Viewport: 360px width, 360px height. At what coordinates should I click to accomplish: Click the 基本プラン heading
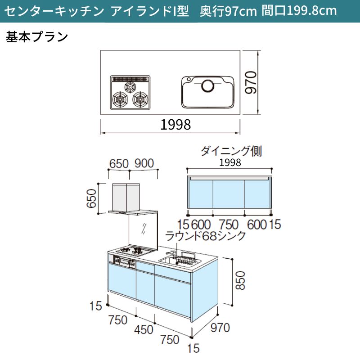pyautogui.click(x=37, y=37)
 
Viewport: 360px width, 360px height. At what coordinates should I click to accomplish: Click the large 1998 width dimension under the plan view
pyautogui.click(x=175, y=125)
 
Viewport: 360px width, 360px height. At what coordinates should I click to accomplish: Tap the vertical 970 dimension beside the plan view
pyautogui.click(x=251, y=82)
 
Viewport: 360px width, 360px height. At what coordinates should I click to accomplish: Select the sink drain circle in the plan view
pyautogui.click(x=208, y=85)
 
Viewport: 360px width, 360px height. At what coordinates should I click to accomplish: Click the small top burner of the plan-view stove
pyautogui.click(x=130, y=87)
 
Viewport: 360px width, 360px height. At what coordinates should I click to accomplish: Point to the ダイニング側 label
pyautogui.click(x=231, y=151)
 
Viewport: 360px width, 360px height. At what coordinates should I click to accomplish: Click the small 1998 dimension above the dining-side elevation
pyautogui.click(x=230, y=162)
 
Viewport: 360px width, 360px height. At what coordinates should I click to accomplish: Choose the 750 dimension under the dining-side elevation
pyautogui.click(x=229, y=225)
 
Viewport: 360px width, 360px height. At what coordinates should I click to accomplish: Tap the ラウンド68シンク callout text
pyautogui.click(x=205, y=236)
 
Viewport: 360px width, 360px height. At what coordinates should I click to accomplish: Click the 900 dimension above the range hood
pyautogui.click(x=144, y=163)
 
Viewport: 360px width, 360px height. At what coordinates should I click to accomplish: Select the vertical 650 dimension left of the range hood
pyautogui.click(x=91, y=198)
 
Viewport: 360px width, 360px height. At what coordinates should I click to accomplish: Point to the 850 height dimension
pyautogui.click(x=240, y=280)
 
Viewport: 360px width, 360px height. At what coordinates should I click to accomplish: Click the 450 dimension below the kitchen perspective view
pyautogui.click(x=144, y=330)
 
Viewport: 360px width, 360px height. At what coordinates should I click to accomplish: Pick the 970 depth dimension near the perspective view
pyautogui.click(x=220, y=328)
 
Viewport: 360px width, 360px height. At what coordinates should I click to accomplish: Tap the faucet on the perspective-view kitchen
pyautogui.click(x=171, y=254)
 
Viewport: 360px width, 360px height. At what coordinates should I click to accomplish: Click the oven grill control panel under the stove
pyautogui.click(x=125, y=262)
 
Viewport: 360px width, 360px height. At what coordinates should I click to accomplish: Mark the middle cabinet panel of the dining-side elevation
pyautogui.click(x=229, y=194)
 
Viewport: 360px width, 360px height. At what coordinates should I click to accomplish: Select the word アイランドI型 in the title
pyautogui.click(x=150, y=11)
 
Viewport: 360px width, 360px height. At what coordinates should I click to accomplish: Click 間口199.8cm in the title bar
pyautogui.click(x=299, y=11)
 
